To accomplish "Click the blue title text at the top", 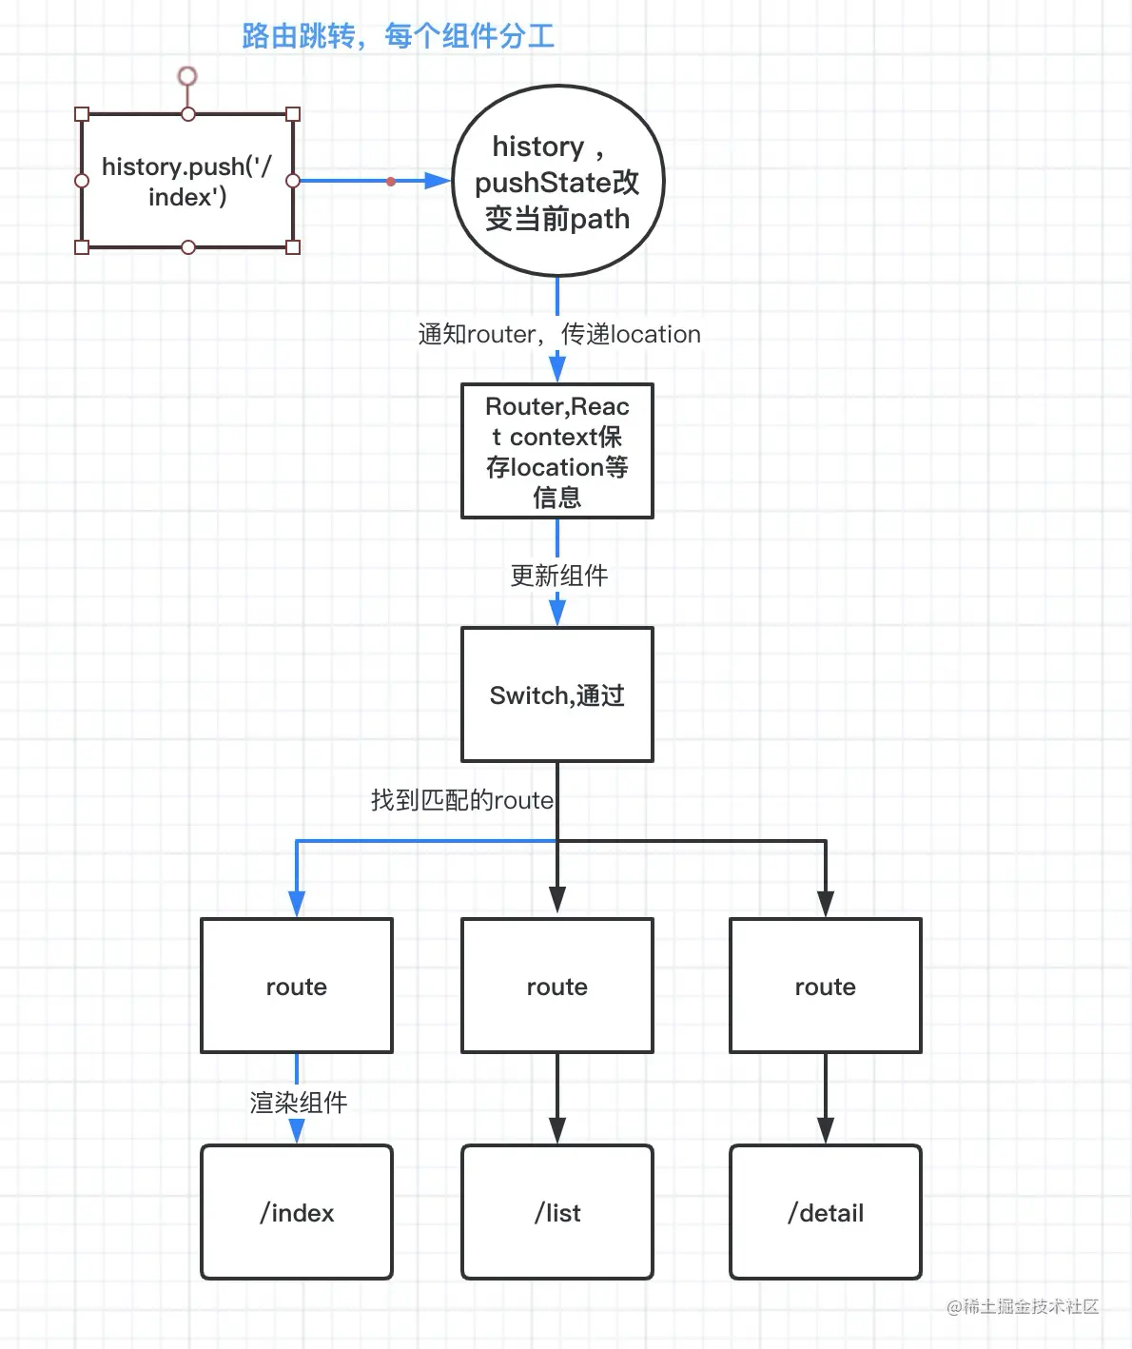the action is (x=398, y=36).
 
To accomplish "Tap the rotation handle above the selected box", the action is (x=187, y=76).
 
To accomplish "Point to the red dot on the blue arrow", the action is (x=391, y=182).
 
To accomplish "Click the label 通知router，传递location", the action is (x=559, y=334).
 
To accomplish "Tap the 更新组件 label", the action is (x=559, y=576).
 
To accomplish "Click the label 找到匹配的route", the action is (x=462, y=800).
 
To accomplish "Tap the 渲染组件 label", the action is (x=299, y=1103).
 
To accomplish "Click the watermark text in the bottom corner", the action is (x=1023, y=1306).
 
